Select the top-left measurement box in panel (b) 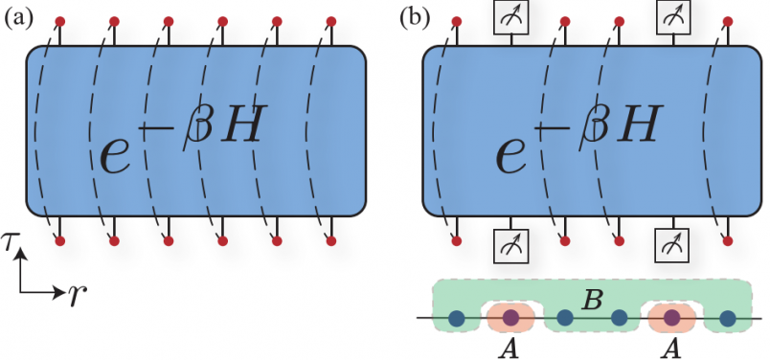(x=511, y=15)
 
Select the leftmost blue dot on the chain (x=458, y=318)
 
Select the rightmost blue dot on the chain (x=727, y=318)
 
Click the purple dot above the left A (x=511, y=318)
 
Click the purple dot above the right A (x=672, y=318)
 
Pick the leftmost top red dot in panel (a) (x=60, y=20)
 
